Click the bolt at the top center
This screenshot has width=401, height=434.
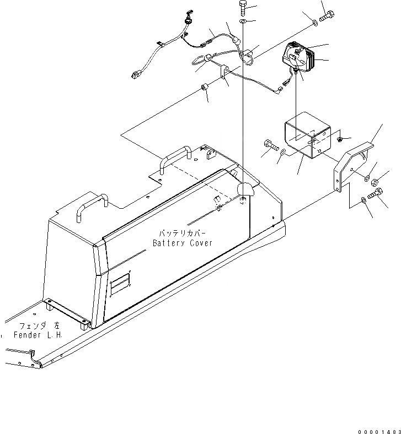[x=243, y=9]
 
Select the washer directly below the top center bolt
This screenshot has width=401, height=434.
[x=243, y=21]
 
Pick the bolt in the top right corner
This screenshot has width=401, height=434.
[x=326, y=17]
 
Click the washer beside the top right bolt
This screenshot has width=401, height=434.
[x=314, y=23]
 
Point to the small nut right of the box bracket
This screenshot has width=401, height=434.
[x=340, y=138]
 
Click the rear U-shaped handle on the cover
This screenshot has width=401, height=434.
[x=174, y=158]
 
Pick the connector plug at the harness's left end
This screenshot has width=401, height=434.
[x=136, y=75]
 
